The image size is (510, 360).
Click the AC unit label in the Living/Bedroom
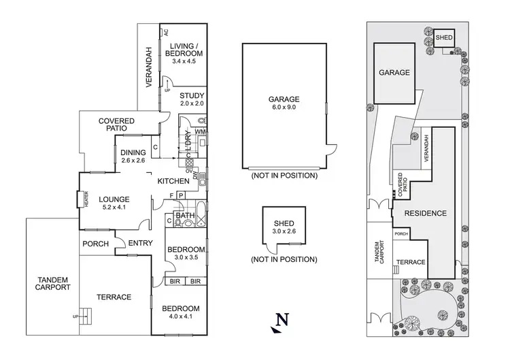pyautogui.click(x=166, y=33)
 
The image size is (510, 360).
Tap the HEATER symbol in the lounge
pyautogui.click(x=80, y=199)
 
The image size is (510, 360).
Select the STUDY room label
pyautogui.click(x=192, y=96)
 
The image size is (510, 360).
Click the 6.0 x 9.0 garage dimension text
pyautogui.click(x=284, y=107)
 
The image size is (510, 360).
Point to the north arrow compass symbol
pyautogui.click(x=279, y=323)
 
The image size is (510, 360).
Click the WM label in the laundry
pyautogui.click(x=200, y=131)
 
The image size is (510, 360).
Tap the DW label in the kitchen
pyautogui.click(x=195, y=176)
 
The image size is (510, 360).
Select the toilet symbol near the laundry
pyautogui.click(x=202, y=121)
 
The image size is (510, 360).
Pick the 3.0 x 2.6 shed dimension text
pyautogui.click(x=284, y=231)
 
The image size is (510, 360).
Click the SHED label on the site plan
pyautogui.click(x=444, y=37)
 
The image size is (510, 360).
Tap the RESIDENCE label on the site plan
pyautogui.click(x=426, y=213)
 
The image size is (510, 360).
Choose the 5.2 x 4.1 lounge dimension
pyautogui.click(x=114, y=207)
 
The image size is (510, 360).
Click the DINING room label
pyautogui.click(x=133, y=152)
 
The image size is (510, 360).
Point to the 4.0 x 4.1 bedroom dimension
pyautogui.click(x=180, y=316)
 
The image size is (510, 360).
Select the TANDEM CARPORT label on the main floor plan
pyautogui.click(x=52, y=284)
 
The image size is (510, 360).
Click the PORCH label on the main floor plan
pyautogui.click(x=95, y=244)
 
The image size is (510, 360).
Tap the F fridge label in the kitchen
pyautogui.click(x=171, y=195)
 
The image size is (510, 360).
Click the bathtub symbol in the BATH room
pyautogui.click(x=201, y=214)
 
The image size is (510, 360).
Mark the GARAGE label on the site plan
pyautogui.click(x=394, y=72)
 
